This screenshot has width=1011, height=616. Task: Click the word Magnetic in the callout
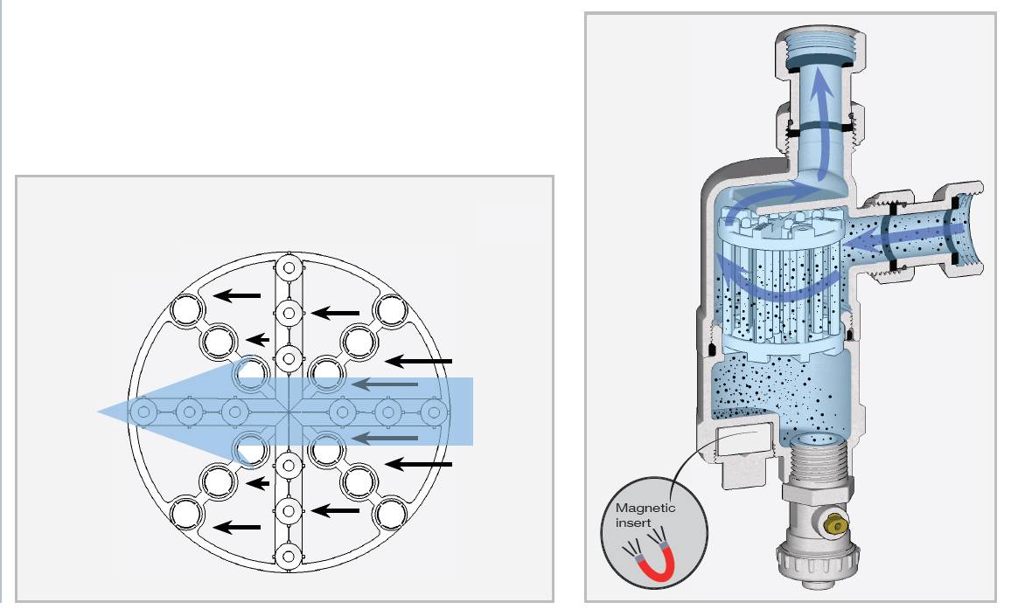645,508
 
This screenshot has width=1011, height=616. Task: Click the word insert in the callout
633,523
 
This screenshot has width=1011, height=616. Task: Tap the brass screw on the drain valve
836,526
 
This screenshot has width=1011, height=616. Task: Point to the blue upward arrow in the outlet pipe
822,122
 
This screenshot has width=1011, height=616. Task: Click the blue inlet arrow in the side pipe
903,239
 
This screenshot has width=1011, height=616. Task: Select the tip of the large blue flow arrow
99,411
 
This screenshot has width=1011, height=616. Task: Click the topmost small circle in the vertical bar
289,266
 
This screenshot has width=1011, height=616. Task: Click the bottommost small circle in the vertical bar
289,556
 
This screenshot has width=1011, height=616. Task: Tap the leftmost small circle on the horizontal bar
144,412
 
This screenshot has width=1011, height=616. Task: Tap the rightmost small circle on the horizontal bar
434,412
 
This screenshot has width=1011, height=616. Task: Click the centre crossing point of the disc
289,412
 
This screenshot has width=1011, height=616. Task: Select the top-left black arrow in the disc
237,295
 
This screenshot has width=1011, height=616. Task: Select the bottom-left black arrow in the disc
237,527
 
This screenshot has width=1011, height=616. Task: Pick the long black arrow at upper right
418,362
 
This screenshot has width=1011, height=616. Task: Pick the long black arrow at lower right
418,463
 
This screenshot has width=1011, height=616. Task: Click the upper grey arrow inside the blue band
384,384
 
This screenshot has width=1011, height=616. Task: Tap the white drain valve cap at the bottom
818,565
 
